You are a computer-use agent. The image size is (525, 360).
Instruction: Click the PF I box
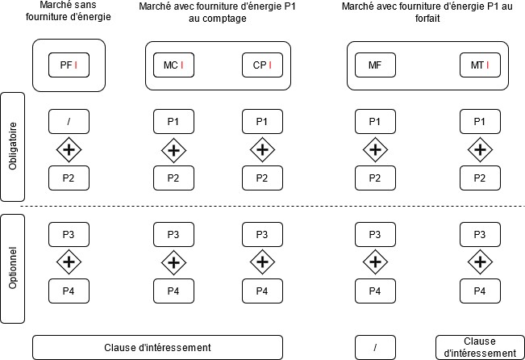coord(69,65)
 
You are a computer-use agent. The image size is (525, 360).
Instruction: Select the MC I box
coord(173,65)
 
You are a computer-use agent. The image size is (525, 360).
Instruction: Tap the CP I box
coord(261,65)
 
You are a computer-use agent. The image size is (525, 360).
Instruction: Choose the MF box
coord(375,65)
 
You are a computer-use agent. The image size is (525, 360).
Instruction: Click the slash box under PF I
coord(69,121)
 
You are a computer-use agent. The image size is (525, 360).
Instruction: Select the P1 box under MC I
coord(173,121)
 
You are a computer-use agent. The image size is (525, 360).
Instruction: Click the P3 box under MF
coord(375,234)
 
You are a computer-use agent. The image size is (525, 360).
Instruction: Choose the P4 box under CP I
coord(261,291)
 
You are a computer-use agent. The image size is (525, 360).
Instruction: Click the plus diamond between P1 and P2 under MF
coord(375,149)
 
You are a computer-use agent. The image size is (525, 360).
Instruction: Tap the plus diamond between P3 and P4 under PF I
coord(69,262)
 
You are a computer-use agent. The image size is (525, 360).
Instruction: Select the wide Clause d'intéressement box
coord(158,347)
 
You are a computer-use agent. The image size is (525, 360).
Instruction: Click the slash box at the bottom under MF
coord(375,347)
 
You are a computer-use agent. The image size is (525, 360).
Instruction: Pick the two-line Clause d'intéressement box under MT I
coord(480,347)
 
